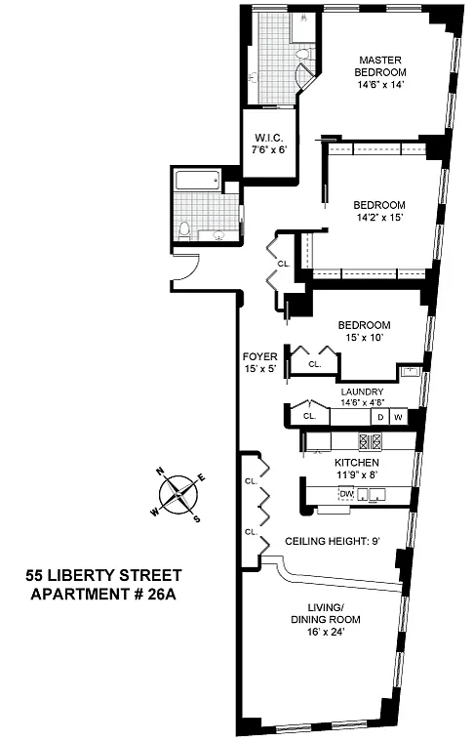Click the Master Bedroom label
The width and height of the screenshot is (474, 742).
[380, 66]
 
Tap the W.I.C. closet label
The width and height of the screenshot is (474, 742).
[269, 139]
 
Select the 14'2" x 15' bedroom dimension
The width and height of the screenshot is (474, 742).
[379, 218]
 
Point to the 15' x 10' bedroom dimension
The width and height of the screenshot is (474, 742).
[364, 338]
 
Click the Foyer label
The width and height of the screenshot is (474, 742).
[260, 356]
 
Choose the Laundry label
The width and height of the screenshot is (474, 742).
[362, 392]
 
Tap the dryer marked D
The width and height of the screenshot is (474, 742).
[380, 417]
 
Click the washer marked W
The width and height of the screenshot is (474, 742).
[398, 417]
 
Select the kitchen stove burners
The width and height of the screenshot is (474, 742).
[370, 441]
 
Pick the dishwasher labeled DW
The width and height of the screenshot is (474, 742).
[347, 494]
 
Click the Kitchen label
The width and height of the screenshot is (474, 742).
[357, 463]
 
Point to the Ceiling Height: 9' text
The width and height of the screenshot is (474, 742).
[333, 541]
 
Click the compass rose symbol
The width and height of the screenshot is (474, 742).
[178, 495]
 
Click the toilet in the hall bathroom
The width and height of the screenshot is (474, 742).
[184, 229]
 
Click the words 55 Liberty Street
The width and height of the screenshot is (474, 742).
[103, 575]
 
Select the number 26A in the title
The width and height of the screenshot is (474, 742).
[162, 594]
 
